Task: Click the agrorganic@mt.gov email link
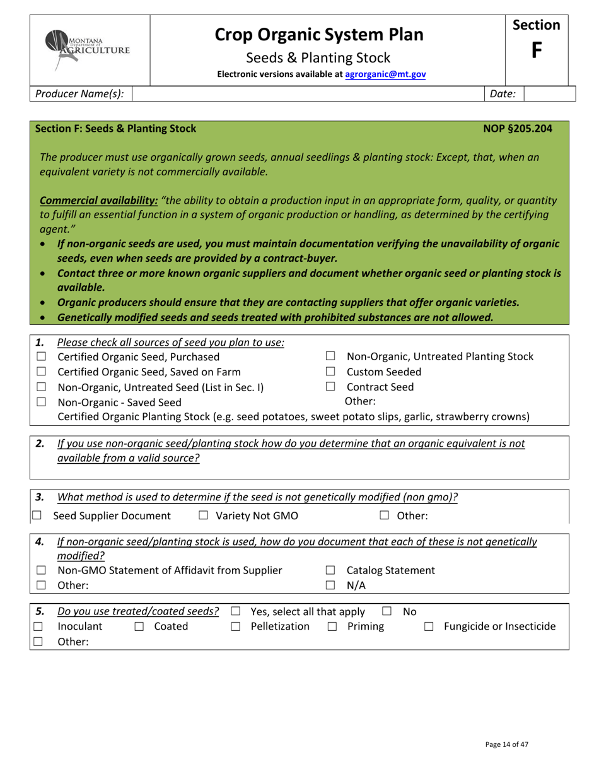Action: tap(385, 74)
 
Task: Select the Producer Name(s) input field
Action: tap(309, 94)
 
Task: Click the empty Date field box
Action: tap(549, 94)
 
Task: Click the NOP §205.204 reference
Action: tap(517, 129)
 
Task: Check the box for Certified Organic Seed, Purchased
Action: tap(42, 357)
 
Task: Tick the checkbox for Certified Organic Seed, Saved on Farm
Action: tap(42, 372)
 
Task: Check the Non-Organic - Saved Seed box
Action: tap(42, 402)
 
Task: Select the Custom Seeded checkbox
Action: tap(330, 372)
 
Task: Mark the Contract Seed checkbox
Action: tap(330, 387)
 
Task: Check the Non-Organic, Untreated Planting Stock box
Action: tap(330, 357)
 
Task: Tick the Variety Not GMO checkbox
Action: tap(203, 516)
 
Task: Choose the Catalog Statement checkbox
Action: tap(330, 571)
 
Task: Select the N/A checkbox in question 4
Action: tap(330, 585)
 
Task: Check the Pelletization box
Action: tap(235, 626)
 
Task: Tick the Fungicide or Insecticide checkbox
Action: tap(429, 626)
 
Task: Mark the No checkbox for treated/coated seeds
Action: tap(387, 611)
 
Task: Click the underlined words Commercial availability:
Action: tap(98, 201)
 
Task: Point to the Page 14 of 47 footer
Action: tap(507, 744)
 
